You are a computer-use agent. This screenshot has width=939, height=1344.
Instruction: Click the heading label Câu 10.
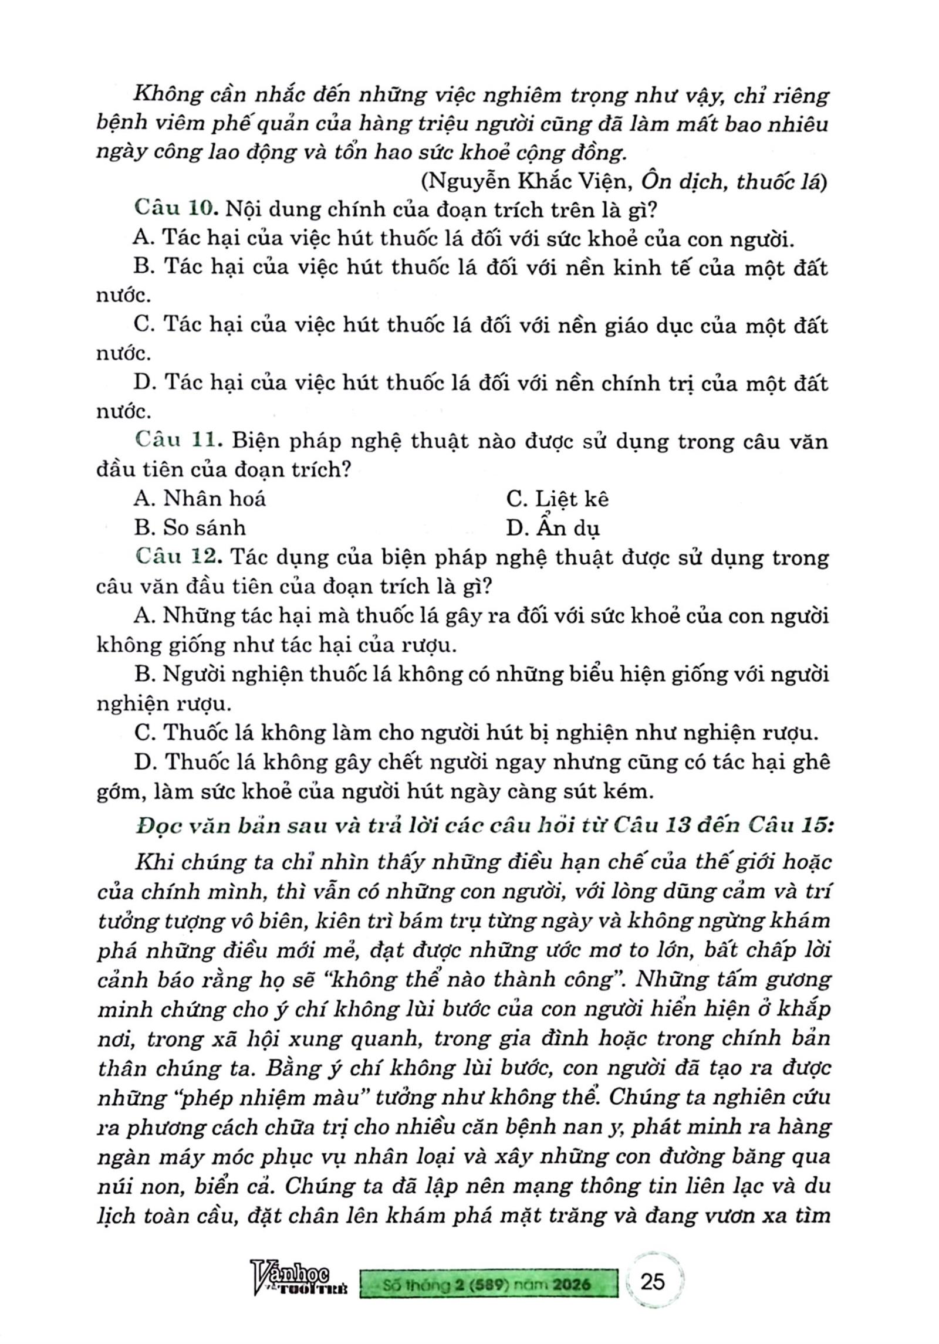point(177,209)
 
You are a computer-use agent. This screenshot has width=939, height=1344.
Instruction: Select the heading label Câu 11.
point(179,441)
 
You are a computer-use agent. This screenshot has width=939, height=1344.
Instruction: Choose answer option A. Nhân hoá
point(200,499)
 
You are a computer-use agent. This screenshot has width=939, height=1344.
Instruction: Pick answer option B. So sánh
point(190,527)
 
